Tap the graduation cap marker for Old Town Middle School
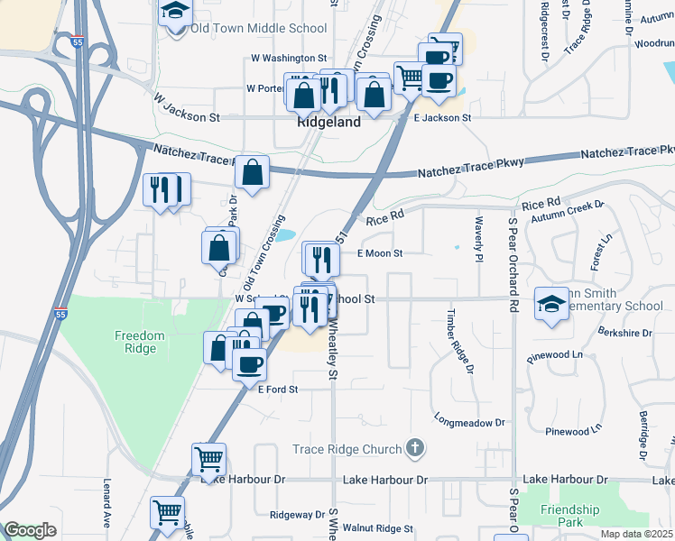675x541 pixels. click(176, 13)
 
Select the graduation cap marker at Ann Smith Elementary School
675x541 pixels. click(550, 304)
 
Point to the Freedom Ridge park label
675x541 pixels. click(140, 342)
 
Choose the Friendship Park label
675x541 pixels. click(570, 516)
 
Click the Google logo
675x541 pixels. click(30, 530)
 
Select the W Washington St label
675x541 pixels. click(287, 59)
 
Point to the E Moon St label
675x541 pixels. click(379, 253)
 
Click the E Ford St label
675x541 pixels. click(278, 390)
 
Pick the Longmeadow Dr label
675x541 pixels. click(468, 422)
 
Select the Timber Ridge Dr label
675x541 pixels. click(458, 342)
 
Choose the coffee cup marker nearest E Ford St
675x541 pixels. click(250, 365)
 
